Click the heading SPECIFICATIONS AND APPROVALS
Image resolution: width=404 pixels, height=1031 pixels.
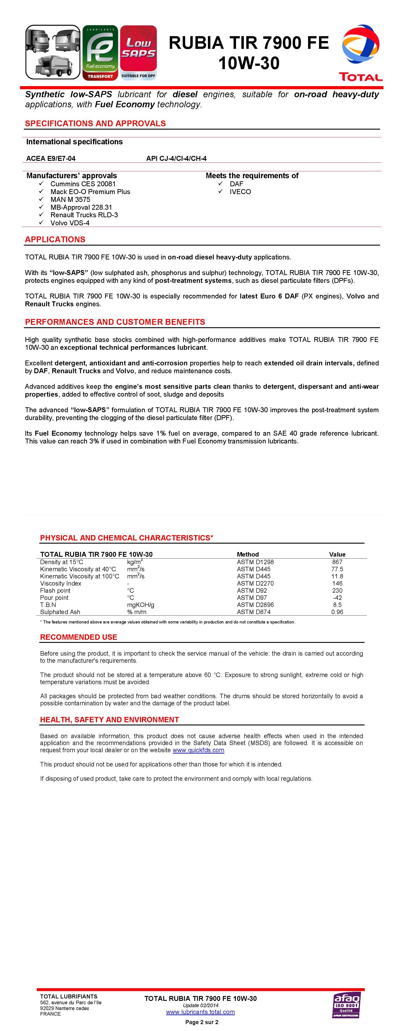coord(95,123)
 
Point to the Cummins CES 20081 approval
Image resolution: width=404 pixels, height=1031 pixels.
coord(83,184)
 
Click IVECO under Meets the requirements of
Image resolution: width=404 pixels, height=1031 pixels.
coord(240,192)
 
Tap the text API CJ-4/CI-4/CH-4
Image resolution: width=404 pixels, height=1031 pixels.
coord(176,159)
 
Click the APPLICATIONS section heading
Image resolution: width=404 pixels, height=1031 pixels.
coord(55,239)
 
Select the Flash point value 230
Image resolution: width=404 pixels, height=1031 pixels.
coord(337,590)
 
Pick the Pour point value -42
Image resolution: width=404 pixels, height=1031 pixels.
coord(337,598)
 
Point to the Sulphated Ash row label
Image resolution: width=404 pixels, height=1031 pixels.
coord(60,612)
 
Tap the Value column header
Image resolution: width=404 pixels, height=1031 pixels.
coord(337,554)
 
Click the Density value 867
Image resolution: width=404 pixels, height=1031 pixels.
coord(337,562)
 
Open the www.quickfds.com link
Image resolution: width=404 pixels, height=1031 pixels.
coord(198,750)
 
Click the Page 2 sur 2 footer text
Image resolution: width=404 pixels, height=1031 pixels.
coord(202,1022)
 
